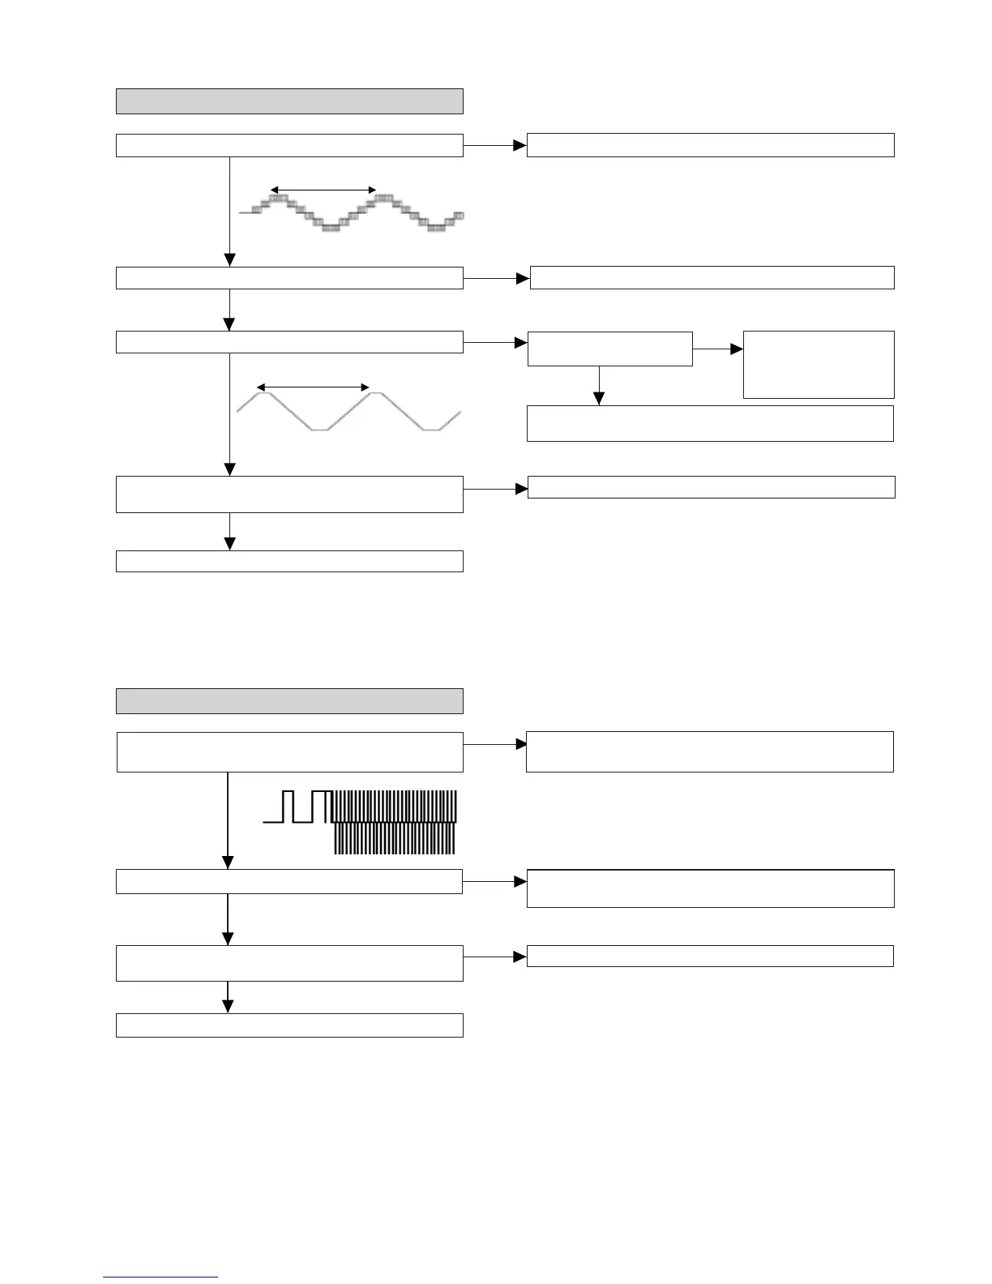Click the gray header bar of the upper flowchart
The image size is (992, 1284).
click(289, 101)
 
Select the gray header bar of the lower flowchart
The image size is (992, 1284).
click(289, 701)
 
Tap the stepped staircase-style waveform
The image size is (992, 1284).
click(352, 213)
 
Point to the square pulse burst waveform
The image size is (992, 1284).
click(361, 821)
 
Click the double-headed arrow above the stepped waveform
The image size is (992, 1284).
click(323, 190)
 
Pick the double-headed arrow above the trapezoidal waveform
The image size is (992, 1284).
click(313, 387)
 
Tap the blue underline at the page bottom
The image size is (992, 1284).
click(160, 1278)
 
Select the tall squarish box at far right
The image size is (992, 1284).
click(819, 364)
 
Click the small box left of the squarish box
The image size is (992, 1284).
click(609, 349)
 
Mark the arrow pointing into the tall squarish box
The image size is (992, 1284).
click(718, 349)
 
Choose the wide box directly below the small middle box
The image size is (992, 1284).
click(710, 423)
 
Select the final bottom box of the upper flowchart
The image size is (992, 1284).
click(289, 561)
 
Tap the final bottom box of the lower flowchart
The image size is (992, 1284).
click(289, 1025)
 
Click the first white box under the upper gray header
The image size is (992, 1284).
click(289, 145)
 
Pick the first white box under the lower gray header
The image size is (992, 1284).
click(289, 752)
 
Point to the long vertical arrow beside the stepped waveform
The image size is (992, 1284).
click(230, 211)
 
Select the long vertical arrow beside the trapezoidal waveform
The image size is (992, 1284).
click(230, 414)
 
